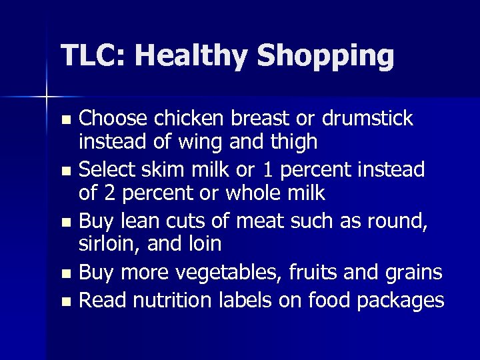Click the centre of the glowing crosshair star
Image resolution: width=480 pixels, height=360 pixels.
[47, 98]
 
